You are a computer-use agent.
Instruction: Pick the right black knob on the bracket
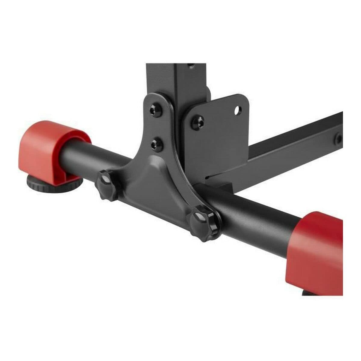coord(203,223)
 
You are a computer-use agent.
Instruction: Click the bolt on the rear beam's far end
coord(339,139)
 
